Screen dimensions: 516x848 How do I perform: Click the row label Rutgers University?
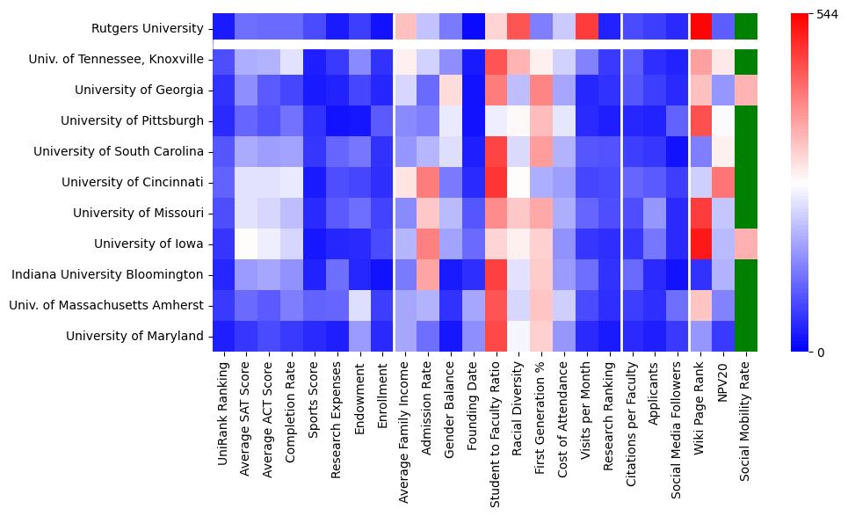pos(148,28)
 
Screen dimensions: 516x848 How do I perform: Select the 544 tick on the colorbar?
pos(816,15)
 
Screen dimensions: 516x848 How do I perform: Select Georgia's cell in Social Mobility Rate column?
pos(745,90)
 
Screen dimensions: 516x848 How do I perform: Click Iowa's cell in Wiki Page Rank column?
pos(699,243)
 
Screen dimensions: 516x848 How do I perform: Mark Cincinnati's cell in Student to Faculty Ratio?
pos(496,182)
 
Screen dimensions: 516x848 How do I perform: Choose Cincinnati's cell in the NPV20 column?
pos(722,182)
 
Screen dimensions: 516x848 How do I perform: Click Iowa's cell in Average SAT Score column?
pos(247,243)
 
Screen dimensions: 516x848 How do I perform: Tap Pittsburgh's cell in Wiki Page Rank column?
pos(699,120)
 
